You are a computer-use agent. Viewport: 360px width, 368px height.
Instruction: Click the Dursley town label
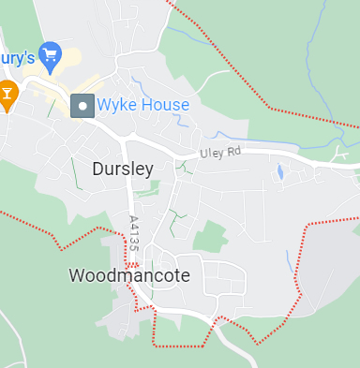pyautogui.click(x=122, y=169)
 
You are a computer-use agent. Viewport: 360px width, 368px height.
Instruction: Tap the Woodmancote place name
pyautogui.click(x=129, y=275)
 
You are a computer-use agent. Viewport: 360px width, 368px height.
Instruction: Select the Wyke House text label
pyautogui.click(x=143, y=105)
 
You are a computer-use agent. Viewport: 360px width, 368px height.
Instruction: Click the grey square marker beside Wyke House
pyautogui.click(x=82, y=105)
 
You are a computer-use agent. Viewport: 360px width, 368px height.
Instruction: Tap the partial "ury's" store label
pyautogui.click(x=17, y=57)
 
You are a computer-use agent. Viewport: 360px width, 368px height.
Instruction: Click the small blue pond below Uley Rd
pyautogui.click(x=279, y=172)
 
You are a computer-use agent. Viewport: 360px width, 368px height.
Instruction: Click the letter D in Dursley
pyautogui.click(x=99, y=169)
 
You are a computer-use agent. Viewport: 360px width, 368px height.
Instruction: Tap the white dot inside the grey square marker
pyautogui.click(x=82, y=105)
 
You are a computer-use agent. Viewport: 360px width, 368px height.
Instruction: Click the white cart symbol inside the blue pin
pyautogui.click(x=50, y=53)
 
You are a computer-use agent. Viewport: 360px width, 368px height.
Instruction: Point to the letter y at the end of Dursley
pyautogui.click(x=146, y=170)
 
